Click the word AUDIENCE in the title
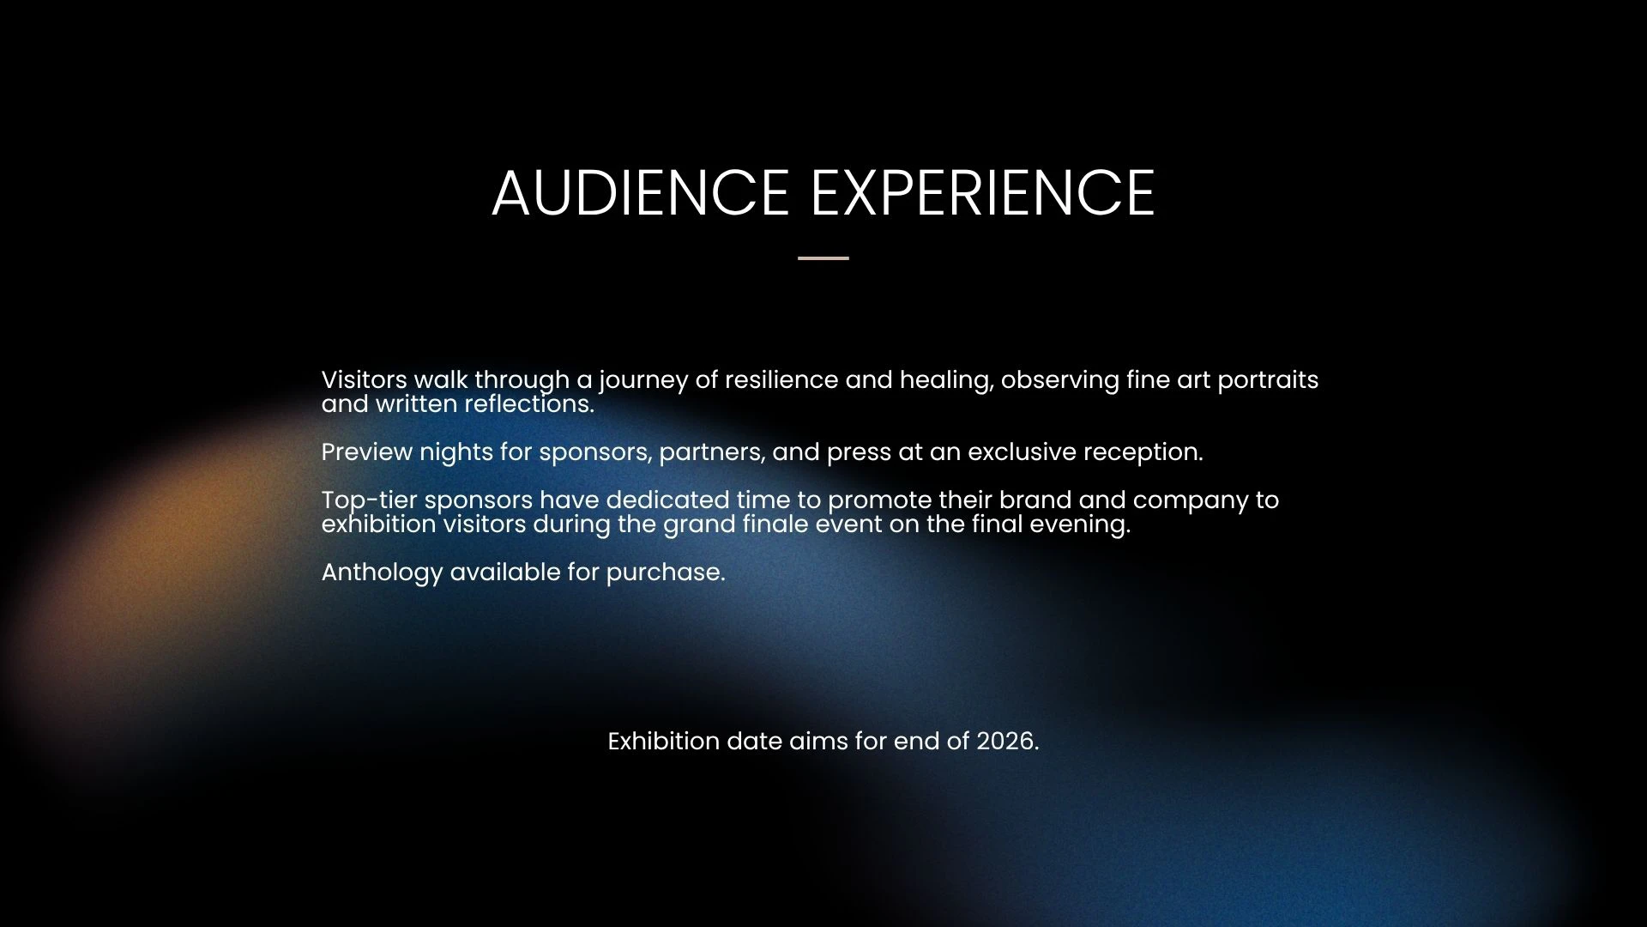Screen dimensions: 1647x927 click(640, 192)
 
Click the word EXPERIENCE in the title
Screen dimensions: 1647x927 click(983, 192)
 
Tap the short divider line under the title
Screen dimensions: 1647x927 click(823, 257)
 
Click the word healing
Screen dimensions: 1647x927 click(946, 381)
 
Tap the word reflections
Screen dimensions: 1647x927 click(529, 403)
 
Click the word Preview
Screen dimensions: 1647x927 click(367, 451)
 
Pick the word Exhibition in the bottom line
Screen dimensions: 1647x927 click(664, 742)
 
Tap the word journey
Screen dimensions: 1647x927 click(643, 381)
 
